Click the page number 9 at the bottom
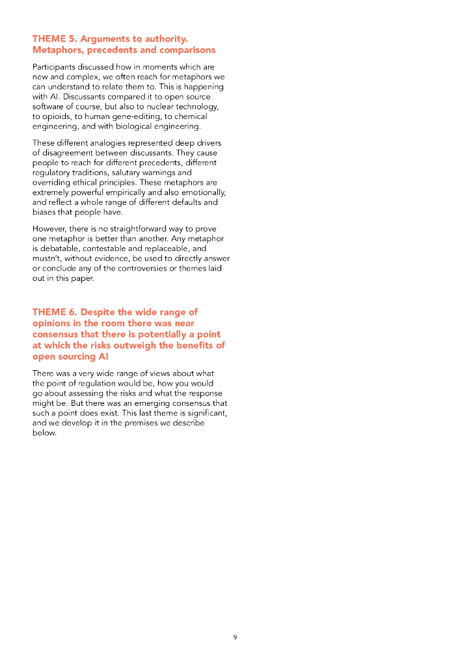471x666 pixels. (x=235, y=637)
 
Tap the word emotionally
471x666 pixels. (x=201, y=193)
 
